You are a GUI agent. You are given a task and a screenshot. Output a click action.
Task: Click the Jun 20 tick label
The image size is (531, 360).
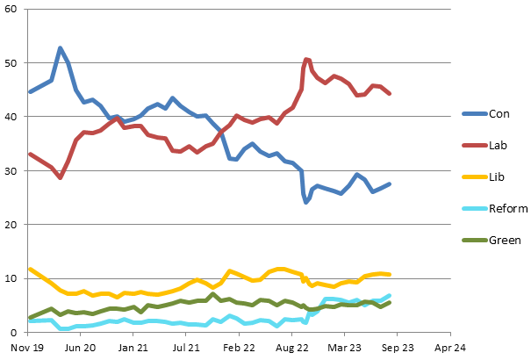point(81,347)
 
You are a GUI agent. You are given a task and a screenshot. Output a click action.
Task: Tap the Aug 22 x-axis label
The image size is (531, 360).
point(291,347)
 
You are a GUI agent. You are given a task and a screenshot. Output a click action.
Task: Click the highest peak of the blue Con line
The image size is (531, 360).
point(60,47)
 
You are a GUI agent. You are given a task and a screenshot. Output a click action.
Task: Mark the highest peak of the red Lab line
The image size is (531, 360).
point(305,59)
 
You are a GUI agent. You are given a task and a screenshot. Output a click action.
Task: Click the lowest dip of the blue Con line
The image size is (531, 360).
point(306,202)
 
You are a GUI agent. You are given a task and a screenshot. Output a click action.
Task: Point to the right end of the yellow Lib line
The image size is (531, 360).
point(389,275)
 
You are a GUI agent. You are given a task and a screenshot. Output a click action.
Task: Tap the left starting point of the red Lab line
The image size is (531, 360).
point(30,154)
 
